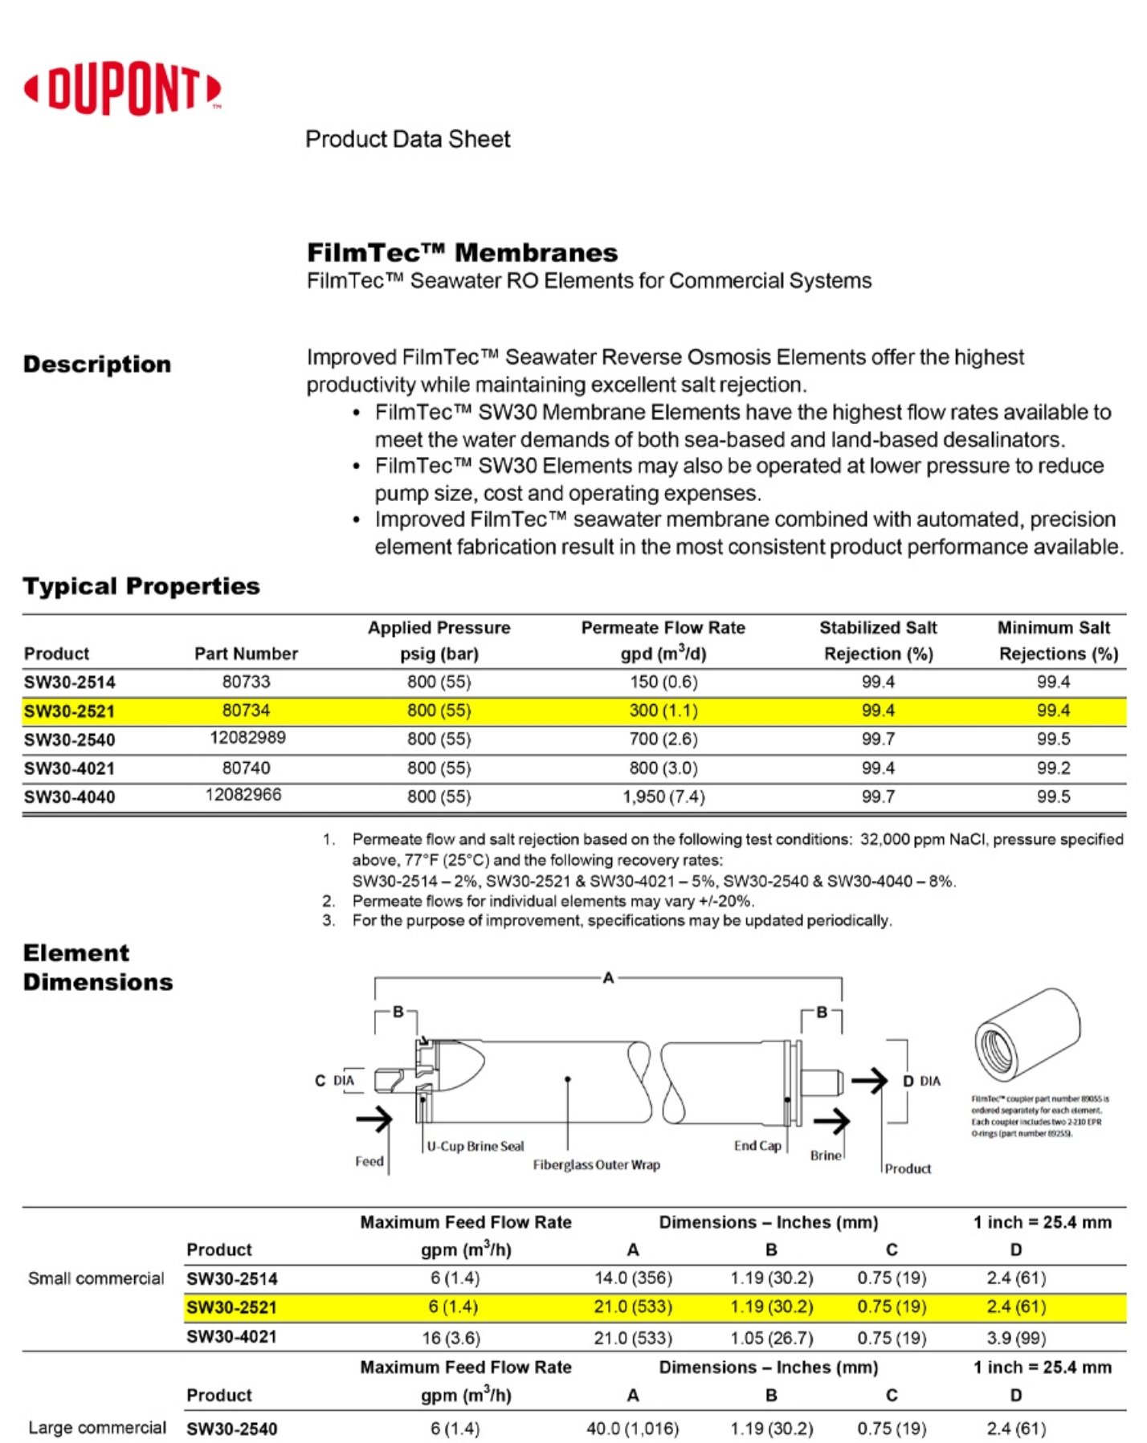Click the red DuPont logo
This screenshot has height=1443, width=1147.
122,88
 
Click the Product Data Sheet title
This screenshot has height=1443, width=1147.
407,139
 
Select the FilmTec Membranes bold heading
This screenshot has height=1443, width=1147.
462,253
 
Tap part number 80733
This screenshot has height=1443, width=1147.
246,682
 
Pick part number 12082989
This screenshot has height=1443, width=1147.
247,737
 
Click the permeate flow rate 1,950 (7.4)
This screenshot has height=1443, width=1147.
663,797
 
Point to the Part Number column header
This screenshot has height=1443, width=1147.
246,654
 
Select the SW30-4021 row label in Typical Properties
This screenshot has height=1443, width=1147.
69,768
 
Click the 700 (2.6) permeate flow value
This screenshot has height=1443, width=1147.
663,739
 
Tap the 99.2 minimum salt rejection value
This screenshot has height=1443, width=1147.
1053,768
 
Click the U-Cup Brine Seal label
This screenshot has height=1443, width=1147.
475,1146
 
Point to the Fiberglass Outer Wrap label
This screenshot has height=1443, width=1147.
596,1164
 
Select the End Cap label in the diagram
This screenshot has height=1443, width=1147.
757,1145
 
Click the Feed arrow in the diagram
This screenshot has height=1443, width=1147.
374,1119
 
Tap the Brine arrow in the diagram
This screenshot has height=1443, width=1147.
832,1120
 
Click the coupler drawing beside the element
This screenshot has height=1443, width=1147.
1027,1035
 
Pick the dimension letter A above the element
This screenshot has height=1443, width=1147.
608,977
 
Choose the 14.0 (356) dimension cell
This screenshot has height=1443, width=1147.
633,1278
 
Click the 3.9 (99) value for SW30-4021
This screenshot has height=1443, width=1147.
1015,1338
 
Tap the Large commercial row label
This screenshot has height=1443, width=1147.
97,1428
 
